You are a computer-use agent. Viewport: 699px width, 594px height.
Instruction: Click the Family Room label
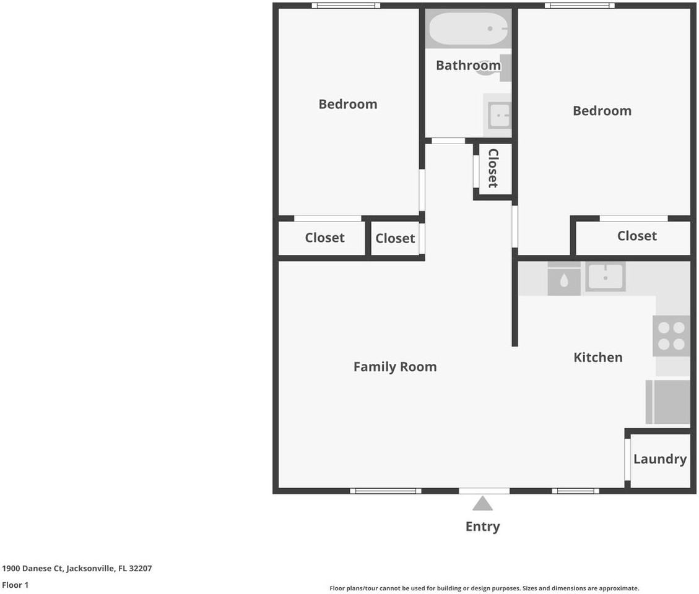click(395, 367)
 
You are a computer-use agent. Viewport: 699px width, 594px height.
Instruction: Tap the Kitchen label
click(598, 358)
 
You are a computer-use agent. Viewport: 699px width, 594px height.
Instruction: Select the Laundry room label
click(660, 460)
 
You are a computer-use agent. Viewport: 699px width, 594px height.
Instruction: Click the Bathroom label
click(468, 66)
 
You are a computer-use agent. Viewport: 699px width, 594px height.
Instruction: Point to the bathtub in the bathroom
click(468, 28)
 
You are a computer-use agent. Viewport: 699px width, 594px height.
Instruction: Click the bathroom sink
click(498, 115)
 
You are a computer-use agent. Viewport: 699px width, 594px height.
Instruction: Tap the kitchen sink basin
click(606, 277)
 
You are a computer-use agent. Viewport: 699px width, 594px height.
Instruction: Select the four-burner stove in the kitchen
click(671, 336)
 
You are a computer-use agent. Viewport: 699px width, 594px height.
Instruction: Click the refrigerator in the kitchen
click(668, 402)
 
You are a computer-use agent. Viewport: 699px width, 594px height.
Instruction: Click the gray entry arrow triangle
click(482, 504)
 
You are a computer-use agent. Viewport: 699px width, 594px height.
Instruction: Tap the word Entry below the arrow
click(482, 527)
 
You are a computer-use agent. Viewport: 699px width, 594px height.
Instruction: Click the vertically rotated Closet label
click(493, 168)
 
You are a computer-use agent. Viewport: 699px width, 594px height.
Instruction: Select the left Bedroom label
click(348, 105)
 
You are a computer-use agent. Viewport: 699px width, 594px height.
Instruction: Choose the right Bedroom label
click(602, 111)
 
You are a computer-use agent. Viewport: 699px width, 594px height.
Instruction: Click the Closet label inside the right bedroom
click(636, 236)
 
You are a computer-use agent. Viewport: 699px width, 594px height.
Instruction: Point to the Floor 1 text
click(15, 585)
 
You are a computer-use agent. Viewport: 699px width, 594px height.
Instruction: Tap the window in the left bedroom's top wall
click(346, 6)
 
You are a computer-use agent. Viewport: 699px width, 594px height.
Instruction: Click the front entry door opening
click(484, 491)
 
